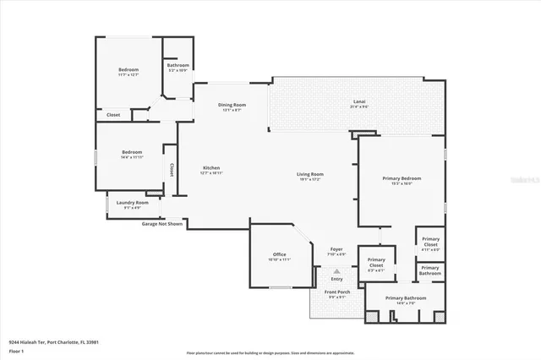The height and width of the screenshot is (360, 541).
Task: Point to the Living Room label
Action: (310, 176)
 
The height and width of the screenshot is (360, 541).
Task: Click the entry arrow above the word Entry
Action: (336, 270)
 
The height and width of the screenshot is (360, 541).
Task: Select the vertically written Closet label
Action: (172, 171)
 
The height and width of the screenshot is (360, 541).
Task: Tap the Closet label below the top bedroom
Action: (113, 115)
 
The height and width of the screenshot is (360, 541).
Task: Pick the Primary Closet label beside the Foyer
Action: (376, 262)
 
